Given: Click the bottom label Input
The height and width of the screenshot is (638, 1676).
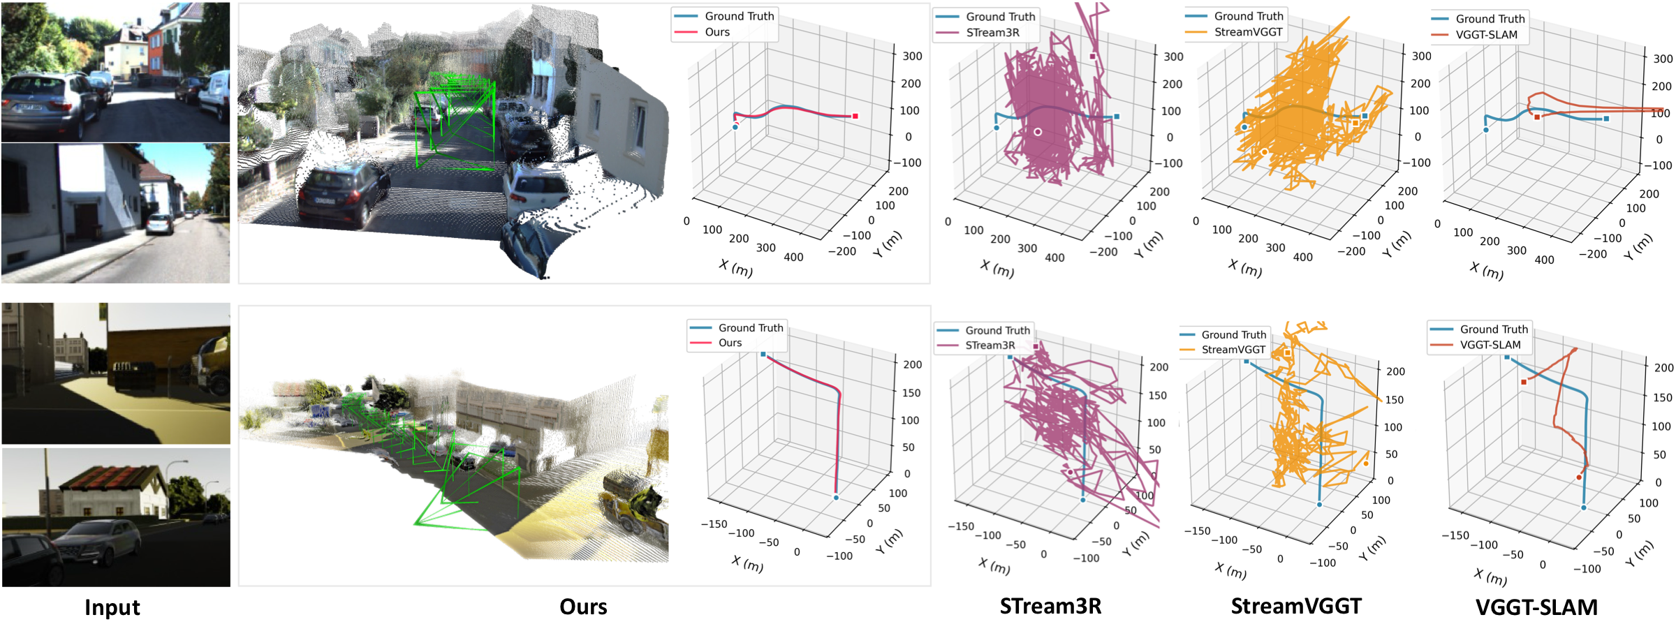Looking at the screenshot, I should click(112, 607).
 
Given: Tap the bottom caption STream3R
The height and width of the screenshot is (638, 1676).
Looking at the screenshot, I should click(1050, 606).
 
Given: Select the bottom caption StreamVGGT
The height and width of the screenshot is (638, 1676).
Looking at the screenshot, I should click(1296, 606).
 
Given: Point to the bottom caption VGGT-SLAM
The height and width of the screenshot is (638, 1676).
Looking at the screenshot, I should click(1536, 607).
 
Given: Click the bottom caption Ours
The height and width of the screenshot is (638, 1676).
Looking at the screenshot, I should click(583, 607).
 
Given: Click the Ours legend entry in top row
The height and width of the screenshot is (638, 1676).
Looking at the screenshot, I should click(717, 32).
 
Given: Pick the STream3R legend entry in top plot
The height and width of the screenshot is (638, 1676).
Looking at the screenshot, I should click(992, 33).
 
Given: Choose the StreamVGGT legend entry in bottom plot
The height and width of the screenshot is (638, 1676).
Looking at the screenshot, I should click(1233, 350).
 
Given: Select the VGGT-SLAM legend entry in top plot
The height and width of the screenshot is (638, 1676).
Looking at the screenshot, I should click(1486, 35).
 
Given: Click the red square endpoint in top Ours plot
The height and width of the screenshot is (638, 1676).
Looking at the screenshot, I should click(855, 116).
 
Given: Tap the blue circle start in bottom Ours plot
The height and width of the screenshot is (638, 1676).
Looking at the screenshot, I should click(836, 498).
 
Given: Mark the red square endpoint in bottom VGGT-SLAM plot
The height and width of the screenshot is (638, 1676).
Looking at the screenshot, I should click(1524, 382).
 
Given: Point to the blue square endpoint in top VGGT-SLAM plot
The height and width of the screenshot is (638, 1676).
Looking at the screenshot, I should click(1606, 119).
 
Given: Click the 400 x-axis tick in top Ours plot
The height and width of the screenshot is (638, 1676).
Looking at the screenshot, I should click(793, 257).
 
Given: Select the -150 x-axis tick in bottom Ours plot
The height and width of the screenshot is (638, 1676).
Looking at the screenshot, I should click(714, 524).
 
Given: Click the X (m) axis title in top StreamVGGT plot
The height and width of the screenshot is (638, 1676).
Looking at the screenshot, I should click(1245, 268).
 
